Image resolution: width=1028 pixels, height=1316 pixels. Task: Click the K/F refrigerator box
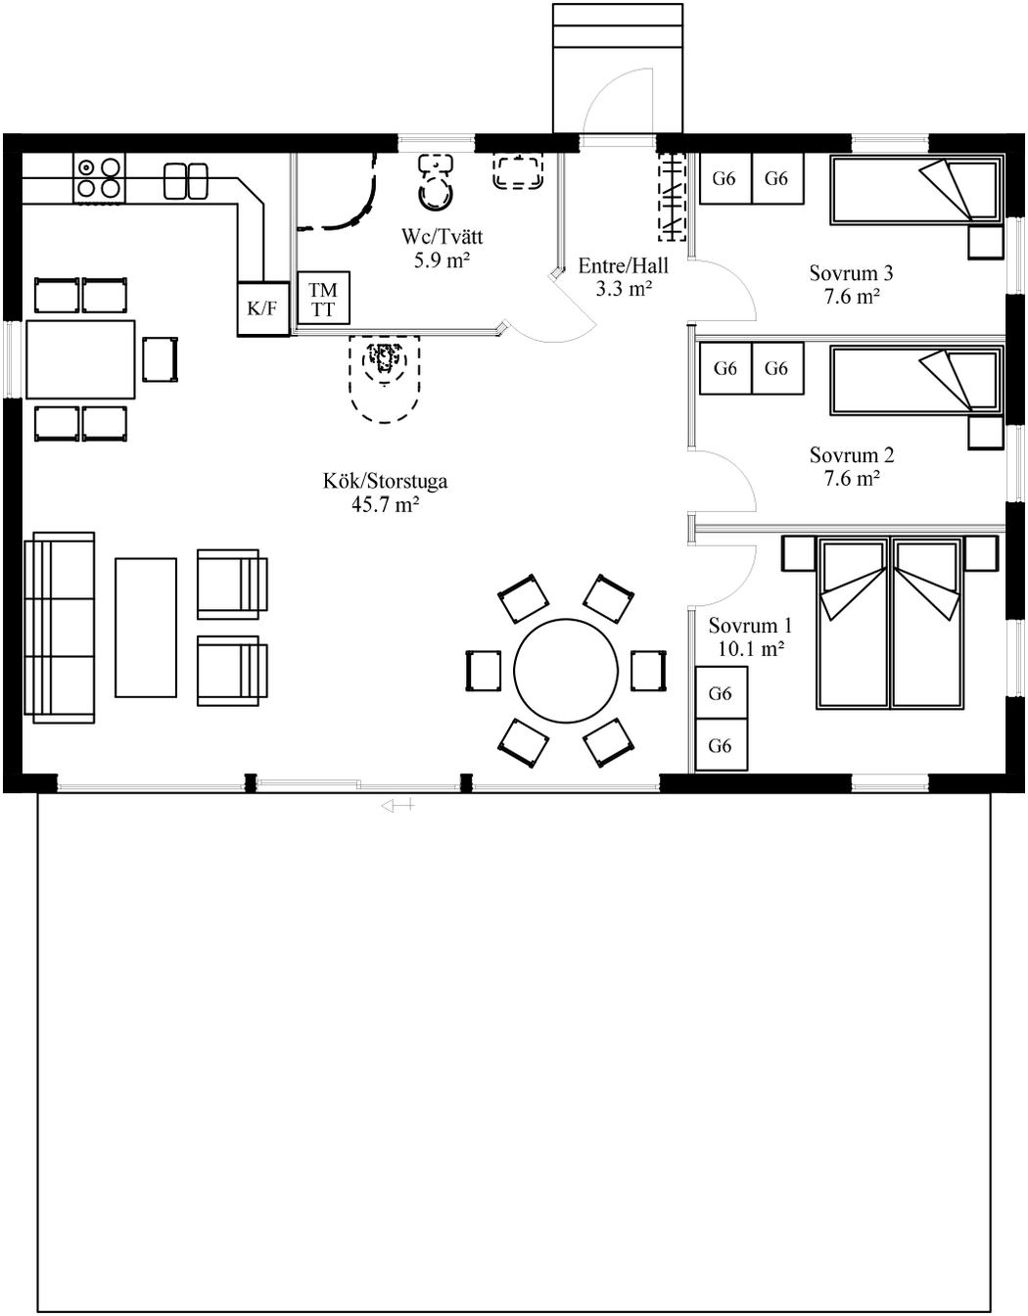(262, 308)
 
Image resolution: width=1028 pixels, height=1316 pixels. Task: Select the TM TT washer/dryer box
(323, 300)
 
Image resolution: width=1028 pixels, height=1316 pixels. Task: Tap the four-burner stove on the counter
(100, 178)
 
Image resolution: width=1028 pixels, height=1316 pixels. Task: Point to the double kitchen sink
(186, 180)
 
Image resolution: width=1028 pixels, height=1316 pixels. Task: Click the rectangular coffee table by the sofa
(146, 628)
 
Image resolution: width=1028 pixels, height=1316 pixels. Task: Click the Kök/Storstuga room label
(385, 481)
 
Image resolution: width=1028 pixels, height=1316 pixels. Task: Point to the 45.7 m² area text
(385, 505)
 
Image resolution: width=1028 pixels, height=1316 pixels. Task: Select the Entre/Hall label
(623, 265)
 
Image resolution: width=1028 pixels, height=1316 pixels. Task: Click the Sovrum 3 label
(851, 273)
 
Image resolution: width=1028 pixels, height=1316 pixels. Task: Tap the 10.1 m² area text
(750, 648)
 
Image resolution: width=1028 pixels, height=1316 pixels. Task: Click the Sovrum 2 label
(851, 455)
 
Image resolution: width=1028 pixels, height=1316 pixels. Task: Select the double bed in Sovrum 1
(889, 621)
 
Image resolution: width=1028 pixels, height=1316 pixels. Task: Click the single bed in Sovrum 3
(916, 190)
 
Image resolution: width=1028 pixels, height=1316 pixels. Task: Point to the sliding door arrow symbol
(397, 806)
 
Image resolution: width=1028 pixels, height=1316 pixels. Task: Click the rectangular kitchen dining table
(80, 359)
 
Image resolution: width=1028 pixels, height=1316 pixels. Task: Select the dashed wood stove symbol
(385, 377)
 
